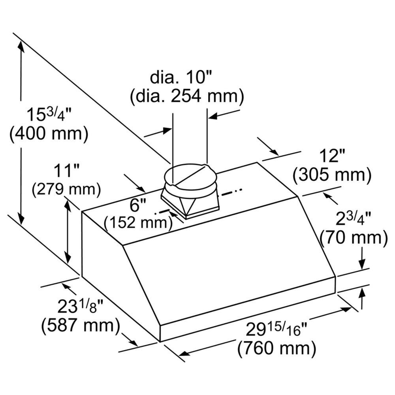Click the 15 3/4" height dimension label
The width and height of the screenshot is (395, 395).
click(x=48, y=115)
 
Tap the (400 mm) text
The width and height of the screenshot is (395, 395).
click(x=49, y=134)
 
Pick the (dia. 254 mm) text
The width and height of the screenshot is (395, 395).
click(x=187, y=96)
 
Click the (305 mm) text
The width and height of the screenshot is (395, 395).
click(x=332, y=174)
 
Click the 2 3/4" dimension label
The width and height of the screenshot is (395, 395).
click(x=354, y=219)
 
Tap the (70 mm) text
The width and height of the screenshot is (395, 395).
click(x=354, y=238)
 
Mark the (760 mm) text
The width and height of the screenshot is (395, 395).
click(x=276, y=348)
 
